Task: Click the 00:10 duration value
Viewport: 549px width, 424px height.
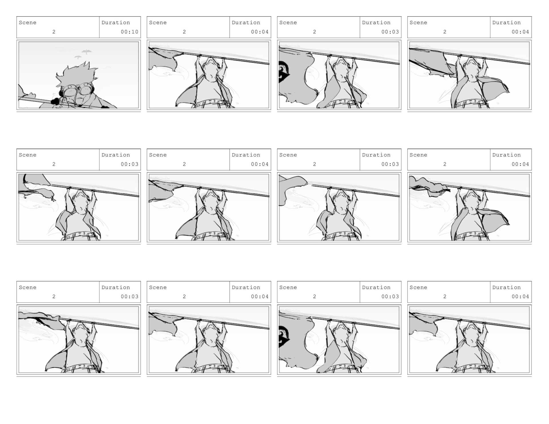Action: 129,32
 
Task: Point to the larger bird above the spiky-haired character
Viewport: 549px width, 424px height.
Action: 86,52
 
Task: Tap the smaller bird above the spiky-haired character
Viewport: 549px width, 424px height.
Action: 77,57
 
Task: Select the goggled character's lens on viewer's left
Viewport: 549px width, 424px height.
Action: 69,91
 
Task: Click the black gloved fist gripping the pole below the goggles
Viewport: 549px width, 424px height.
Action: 55,101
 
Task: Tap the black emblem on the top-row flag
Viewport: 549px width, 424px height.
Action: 284,72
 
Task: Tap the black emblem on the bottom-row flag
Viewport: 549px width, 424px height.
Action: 284,337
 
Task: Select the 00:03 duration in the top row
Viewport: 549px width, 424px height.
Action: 390,32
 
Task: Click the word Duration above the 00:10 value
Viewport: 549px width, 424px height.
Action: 116,23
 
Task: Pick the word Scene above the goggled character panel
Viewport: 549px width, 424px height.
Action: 27,23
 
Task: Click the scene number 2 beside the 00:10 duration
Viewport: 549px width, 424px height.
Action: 54,32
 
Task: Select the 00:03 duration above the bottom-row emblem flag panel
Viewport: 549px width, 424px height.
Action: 390,297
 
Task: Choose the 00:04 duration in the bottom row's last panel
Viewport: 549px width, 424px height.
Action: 520,297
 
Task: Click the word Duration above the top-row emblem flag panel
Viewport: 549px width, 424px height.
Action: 376,23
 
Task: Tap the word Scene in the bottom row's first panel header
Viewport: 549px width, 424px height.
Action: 27,287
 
